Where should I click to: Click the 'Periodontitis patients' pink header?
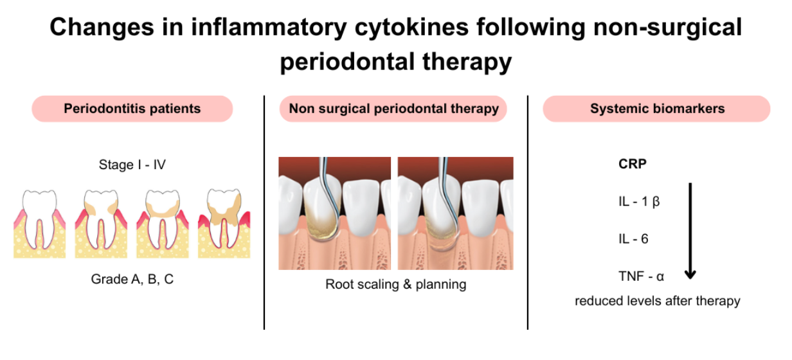pos(132,109)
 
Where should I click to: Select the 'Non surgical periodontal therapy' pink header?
pos(393,109)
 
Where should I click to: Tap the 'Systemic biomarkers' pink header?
pos(657,109)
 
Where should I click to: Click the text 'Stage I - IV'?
pos(132,165)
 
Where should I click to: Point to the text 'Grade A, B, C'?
pos(132,280)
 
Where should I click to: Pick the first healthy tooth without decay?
pos(39,222)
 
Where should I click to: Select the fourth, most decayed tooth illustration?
pos(224,222)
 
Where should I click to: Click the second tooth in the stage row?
pos(101,222)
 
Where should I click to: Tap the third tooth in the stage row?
pos(162,222)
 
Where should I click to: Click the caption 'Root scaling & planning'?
pos(396,284)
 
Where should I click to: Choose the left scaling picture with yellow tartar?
pos(334,213)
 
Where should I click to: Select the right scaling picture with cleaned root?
pos(455,213)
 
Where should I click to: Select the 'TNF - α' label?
pos(640,277)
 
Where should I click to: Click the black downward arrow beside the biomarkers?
pos(690,231)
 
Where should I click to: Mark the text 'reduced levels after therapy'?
pos(657,301)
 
